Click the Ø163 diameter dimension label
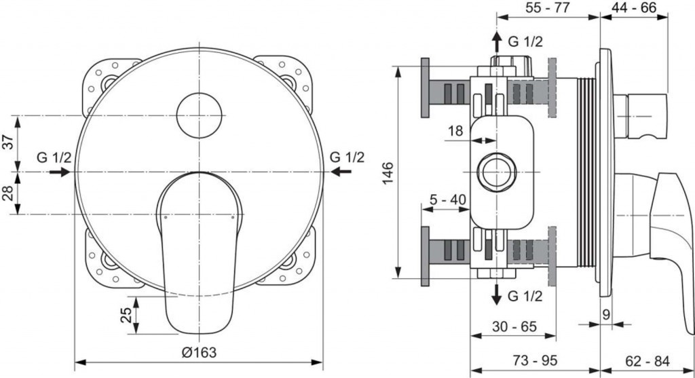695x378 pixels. tap(198, 352)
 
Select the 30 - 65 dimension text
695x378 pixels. tap(513, 326)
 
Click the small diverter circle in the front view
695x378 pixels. tap(200, 113)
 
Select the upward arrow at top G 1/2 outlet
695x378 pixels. tap(497, 41)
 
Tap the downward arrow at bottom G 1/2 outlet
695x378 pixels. tap(497, 293)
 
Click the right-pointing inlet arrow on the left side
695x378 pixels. tap(60, 172)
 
